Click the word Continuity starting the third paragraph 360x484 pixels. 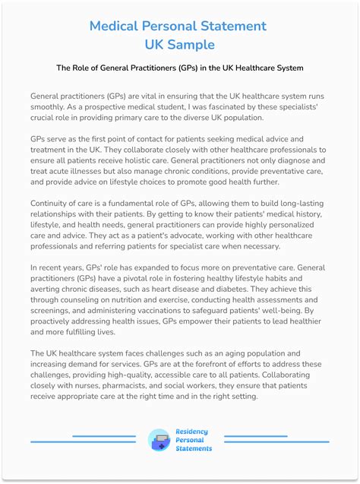click(54, 204)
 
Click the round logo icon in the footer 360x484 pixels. click(159, 440)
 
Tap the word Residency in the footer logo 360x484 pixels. click(191, 432)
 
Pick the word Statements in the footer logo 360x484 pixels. click(194, 448)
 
